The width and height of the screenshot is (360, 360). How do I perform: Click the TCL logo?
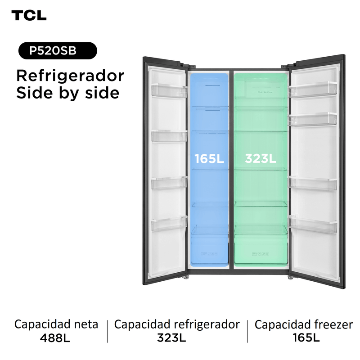[x=29, y=15]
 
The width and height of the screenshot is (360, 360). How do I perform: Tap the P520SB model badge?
[x=57, y=51]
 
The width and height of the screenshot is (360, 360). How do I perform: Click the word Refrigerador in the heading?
[x=70, y=76]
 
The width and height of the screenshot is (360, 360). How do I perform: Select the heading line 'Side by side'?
[x=67, y=93]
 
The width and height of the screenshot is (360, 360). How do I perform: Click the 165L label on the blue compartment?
[x=209, y=158]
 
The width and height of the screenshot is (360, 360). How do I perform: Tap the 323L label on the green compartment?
[x=260, y=158]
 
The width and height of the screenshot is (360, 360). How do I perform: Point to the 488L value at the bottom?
[x=55, y=337]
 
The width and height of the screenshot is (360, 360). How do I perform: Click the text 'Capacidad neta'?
[x=56, y=324]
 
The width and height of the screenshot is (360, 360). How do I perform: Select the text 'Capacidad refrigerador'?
[x=177, y=324]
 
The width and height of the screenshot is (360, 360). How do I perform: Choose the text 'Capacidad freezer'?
[x=304, y=324]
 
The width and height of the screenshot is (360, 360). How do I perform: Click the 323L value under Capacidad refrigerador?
[x=171, y=337]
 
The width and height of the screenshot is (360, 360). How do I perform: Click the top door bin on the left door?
[x=169, y=90]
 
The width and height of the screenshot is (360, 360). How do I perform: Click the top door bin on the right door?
[x=313, y=89]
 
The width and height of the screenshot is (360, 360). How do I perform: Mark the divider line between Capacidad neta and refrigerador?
[x=108, y=331]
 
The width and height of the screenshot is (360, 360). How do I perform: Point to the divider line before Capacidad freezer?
[x=247, y=331]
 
